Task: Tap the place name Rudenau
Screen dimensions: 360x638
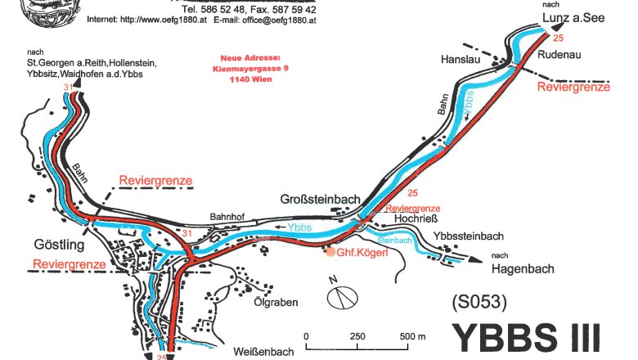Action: [x=561, y=54]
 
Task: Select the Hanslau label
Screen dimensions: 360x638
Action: [x=459, y=60]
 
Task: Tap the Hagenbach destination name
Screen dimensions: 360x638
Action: [x=524, y=268]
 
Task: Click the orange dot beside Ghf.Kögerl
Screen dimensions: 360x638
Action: [x=330, y=252]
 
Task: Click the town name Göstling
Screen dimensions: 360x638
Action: [x=59, y=245]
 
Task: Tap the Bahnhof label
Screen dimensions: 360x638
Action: [x=226, y=208]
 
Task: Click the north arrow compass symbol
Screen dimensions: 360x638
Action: [x=343, y=295]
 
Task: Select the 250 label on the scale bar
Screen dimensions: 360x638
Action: [x=357, y=336]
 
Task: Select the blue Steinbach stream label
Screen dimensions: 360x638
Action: [x=394, y=241]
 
